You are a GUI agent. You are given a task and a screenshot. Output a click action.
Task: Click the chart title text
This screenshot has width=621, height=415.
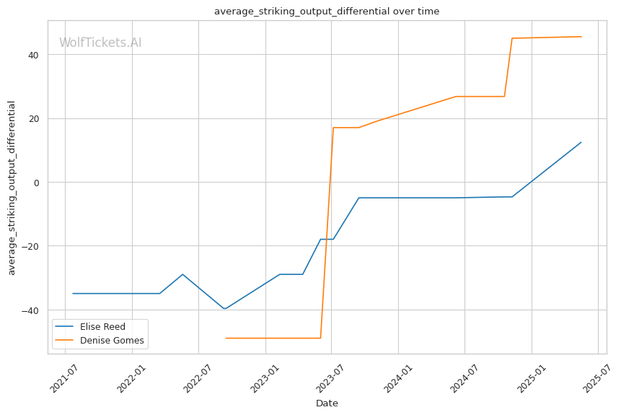[327, 11]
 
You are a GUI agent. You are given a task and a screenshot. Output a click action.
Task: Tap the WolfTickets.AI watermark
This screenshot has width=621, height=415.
[100, 43]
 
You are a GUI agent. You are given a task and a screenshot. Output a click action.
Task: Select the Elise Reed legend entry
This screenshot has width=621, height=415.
[90, 327]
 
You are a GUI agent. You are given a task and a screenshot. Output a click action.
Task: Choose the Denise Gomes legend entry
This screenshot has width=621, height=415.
[100, 341]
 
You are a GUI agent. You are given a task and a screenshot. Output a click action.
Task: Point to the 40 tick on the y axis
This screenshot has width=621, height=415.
[33, 55]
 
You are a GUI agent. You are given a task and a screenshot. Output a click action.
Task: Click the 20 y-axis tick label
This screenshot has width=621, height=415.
[33, 119]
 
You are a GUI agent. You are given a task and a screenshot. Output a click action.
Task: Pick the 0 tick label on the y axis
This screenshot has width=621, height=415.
[37, 183]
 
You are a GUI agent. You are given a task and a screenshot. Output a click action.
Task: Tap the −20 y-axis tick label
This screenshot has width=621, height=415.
[30, 247]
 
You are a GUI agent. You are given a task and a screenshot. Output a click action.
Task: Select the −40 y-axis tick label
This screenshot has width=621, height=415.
[30, 310]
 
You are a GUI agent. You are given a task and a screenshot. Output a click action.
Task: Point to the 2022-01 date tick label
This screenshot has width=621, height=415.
[131, 379]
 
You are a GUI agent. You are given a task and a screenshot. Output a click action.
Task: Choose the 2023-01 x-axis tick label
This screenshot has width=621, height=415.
[265, 379]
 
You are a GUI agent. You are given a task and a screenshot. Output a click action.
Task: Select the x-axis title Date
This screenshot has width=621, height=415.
[327, 403]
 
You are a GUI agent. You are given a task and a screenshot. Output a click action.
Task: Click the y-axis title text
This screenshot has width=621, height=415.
[12, 188]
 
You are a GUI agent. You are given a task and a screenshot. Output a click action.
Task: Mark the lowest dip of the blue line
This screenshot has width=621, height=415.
[224, 308]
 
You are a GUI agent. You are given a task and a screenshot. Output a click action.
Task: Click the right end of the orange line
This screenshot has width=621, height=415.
[581, 37]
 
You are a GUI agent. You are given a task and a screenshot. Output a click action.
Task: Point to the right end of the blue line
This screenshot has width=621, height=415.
[581, 142]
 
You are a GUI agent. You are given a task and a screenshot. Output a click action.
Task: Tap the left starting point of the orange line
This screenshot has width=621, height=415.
[226, 338]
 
